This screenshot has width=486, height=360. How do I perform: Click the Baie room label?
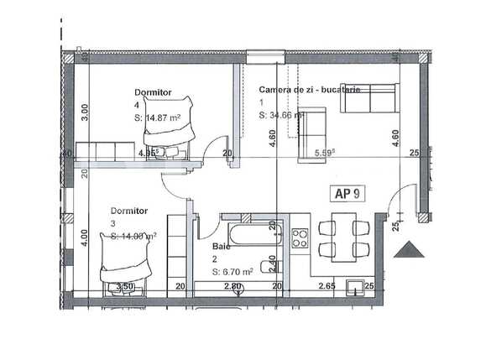tap(222, 247)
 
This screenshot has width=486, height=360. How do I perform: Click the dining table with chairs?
tap(343, 237)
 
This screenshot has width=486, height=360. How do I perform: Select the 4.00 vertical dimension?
tap(83, 237)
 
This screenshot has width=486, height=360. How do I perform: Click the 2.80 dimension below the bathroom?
tap(233, 287)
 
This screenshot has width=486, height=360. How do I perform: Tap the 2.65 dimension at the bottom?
tap(327, 287)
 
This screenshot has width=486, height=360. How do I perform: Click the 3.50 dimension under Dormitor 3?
tap(125, 287)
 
